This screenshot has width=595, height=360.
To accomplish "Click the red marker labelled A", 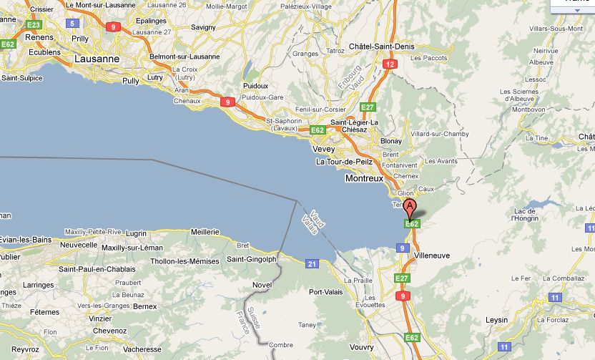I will coord(410,208).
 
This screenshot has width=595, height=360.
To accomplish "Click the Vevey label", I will coord(324,149).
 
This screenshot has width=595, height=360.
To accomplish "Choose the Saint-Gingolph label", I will coord(251,259).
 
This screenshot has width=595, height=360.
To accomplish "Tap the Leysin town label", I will coord(496,319).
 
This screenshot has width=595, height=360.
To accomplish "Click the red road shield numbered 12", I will coord(390,64).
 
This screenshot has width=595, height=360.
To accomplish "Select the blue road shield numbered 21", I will coord(312,264).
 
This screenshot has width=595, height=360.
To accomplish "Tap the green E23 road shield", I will coord(33,24).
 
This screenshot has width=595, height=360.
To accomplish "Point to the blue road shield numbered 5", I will coord(72,23).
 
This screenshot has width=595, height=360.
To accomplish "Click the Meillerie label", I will coord(205,232).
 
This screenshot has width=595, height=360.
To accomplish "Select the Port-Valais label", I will coord(325,292).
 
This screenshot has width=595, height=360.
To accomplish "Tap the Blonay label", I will coord(391,142).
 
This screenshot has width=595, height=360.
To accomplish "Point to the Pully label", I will coord(131,82).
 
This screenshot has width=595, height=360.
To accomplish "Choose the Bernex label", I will coord(145,306).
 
